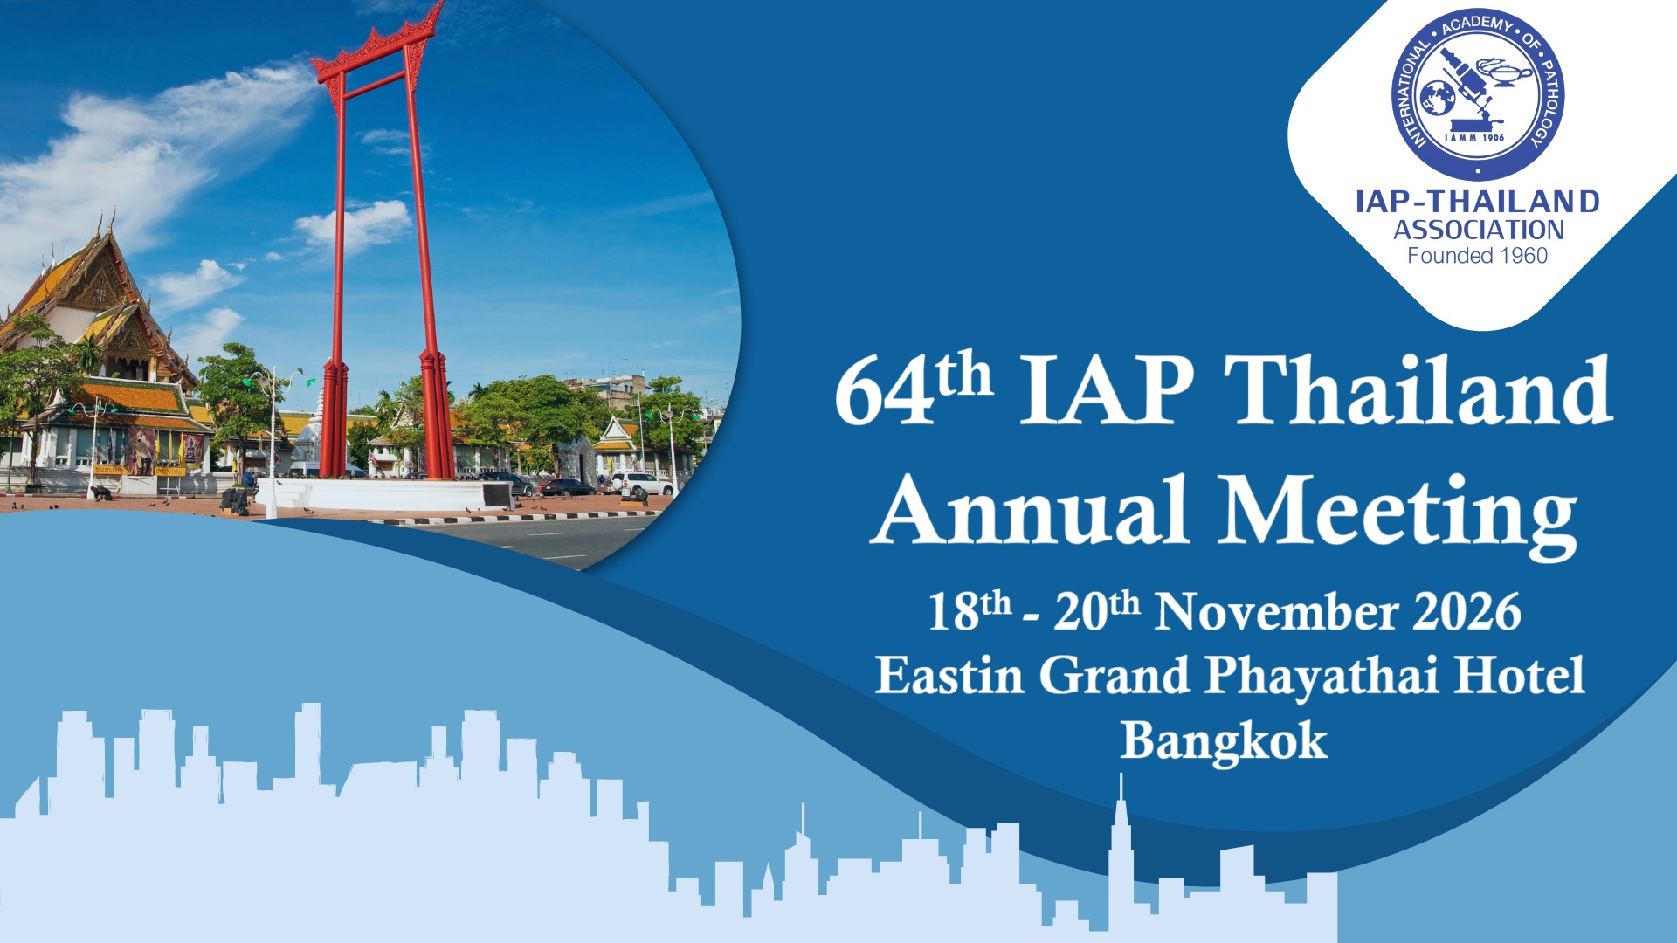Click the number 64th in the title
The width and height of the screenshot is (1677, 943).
point(914,389)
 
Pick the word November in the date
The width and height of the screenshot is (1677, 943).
point(1276,611)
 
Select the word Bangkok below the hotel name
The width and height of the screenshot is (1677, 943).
point(1224,742)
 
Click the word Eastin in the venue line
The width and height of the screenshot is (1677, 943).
point(949,675)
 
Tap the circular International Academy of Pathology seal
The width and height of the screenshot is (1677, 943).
point(1478,95)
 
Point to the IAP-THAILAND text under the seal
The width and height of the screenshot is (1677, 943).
point(1478,202)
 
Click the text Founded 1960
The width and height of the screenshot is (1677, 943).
point(1478,256)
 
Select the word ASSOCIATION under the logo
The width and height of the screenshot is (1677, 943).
point(1478,230)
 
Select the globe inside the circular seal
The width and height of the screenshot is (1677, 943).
point(1437,98)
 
